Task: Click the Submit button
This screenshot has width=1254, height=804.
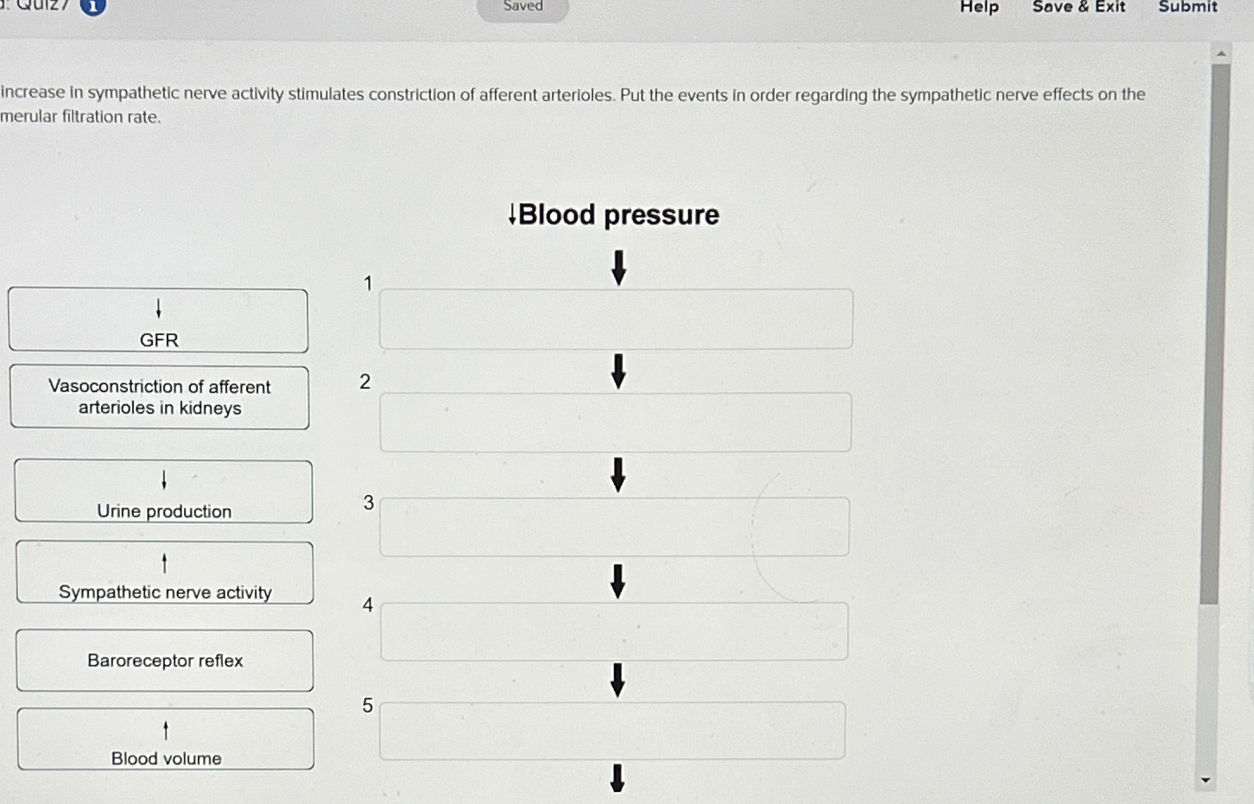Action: (x=1187, y=7)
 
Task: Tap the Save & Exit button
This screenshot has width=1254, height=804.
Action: (x=1079, y=7)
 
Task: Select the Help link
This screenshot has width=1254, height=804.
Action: (x=979, y=7)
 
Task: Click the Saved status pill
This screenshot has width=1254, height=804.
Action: (x=522, y=8)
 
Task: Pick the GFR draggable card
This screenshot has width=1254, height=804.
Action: (x=158, y=320)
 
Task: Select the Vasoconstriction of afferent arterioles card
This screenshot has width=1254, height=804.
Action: (x=160, y=397)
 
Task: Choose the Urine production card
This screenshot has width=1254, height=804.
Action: (x=163, y=491)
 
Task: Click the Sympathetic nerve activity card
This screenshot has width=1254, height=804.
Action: (x=165, y=573)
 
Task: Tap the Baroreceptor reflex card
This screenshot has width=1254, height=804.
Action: (x=165, y=660)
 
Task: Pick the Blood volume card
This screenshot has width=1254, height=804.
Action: (x=166, y=738)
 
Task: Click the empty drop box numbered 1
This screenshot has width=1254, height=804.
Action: (x=616, y=319)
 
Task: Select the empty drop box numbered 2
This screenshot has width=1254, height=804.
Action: (x=616, y=422)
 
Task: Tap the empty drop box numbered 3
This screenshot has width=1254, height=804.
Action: (x=615, y=527)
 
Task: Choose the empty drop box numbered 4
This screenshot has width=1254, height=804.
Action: (x=614, y=631)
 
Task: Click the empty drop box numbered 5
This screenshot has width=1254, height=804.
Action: (x=612, y=731)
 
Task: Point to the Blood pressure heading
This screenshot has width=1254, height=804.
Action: (x=613, y=214)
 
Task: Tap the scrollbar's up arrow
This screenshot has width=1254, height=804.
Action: (x=1221, y=54)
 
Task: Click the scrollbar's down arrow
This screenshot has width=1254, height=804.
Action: (x=1206, y=780)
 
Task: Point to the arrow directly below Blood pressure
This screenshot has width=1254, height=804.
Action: (x=618, y=269)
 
